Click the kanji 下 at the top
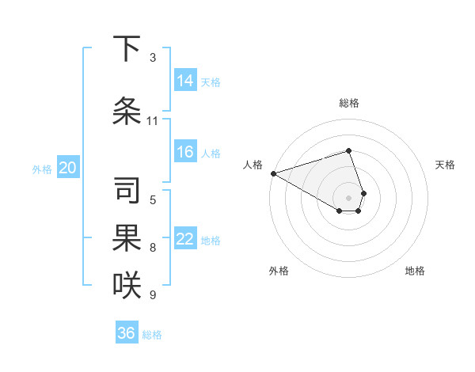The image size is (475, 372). pyautogui.click(x=127, y=49)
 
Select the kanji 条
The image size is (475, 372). pyautogui.click(x=127, y=111)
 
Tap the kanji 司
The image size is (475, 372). pyautogui.click(x=127, y=189)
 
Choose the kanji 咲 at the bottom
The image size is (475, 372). pyautogui.click(x=127, y=284)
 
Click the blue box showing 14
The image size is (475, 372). pyautogui.click(x=185, y=81)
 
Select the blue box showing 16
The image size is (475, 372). pyautogui.click(x=185, y=153)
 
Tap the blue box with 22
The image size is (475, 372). pyautogui.click(x=185, y=240)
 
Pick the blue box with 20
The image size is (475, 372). pyautogui.click(x=68, y=168)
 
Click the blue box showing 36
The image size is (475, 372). pyautogui.click(x=127, y=333)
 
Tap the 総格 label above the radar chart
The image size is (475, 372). pyautogui.click(x=349, y=103)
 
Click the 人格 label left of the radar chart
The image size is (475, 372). pyautogui.click(x=253, y=165)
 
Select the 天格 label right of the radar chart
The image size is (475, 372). pyautogui.click(x=445, y=165)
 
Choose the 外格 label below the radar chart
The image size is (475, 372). pyautogui.click(x=279, y=271)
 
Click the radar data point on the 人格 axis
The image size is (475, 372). pyautogui.click(x=273, y=173)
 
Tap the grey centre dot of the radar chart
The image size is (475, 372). pyautogui.click(x=349, y=197)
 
